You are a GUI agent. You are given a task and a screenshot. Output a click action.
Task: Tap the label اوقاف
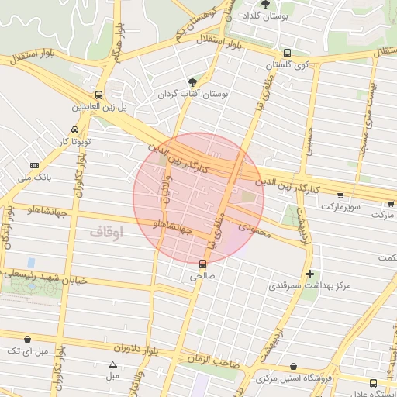point(106,231)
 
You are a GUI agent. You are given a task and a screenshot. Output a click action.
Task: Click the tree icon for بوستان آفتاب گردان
point(192,81)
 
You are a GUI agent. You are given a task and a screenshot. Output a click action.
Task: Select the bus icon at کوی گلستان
point(287,54)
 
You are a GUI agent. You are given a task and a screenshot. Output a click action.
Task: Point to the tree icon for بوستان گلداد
point(265,5)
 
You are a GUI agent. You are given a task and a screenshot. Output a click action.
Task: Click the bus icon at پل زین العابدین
point(98,93)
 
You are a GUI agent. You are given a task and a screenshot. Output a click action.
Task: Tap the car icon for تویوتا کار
point(74,129)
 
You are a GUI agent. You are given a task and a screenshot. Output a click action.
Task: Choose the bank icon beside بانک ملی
point(34,165)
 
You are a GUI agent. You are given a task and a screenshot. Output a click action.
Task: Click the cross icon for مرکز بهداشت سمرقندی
point(310,274)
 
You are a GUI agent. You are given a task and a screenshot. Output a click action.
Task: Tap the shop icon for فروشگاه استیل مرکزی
point(293,366)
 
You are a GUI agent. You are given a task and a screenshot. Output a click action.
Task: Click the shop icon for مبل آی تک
point(28,339)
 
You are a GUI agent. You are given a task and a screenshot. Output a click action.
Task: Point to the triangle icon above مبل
point(113,364)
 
